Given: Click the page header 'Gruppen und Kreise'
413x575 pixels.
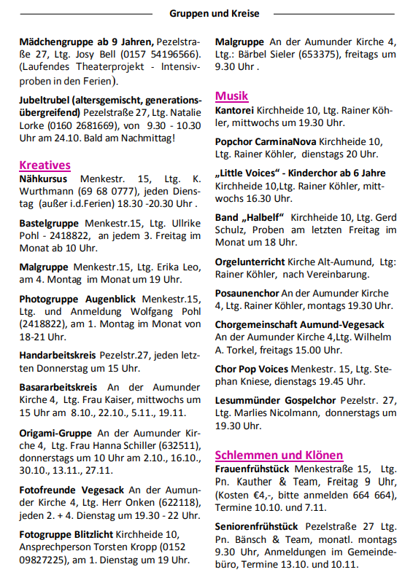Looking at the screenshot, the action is pos(214,13).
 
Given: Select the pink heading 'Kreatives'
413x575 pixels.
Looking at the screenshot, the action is pos(45,165).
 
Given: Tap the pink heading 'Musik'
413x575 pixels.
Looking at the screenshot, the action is pos(231,95).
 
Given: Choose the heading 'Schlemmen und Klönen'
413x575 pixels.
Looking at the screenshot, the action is pos(279,455).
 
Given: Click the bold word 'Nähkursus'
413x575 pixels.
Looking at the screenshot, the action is pos(43,179).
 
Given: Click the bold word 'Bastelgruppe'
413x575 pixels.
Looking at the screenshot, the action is pos(50,223).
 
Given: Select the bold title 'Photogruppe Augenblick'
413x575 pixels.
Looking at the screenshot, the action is pos(79,299).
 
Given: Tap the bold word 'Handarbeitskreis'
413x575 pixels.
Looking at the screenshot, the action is pos(58,356).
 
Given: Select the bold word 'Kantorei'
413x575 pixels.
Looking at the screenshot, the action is pos(235,110).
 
